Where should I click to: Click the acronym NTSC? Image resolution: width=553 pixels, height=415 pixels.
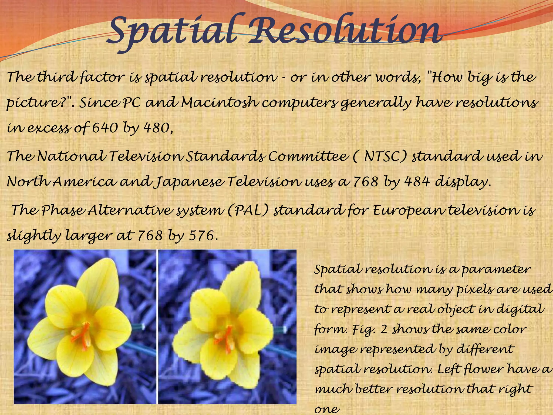point(385,156)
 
